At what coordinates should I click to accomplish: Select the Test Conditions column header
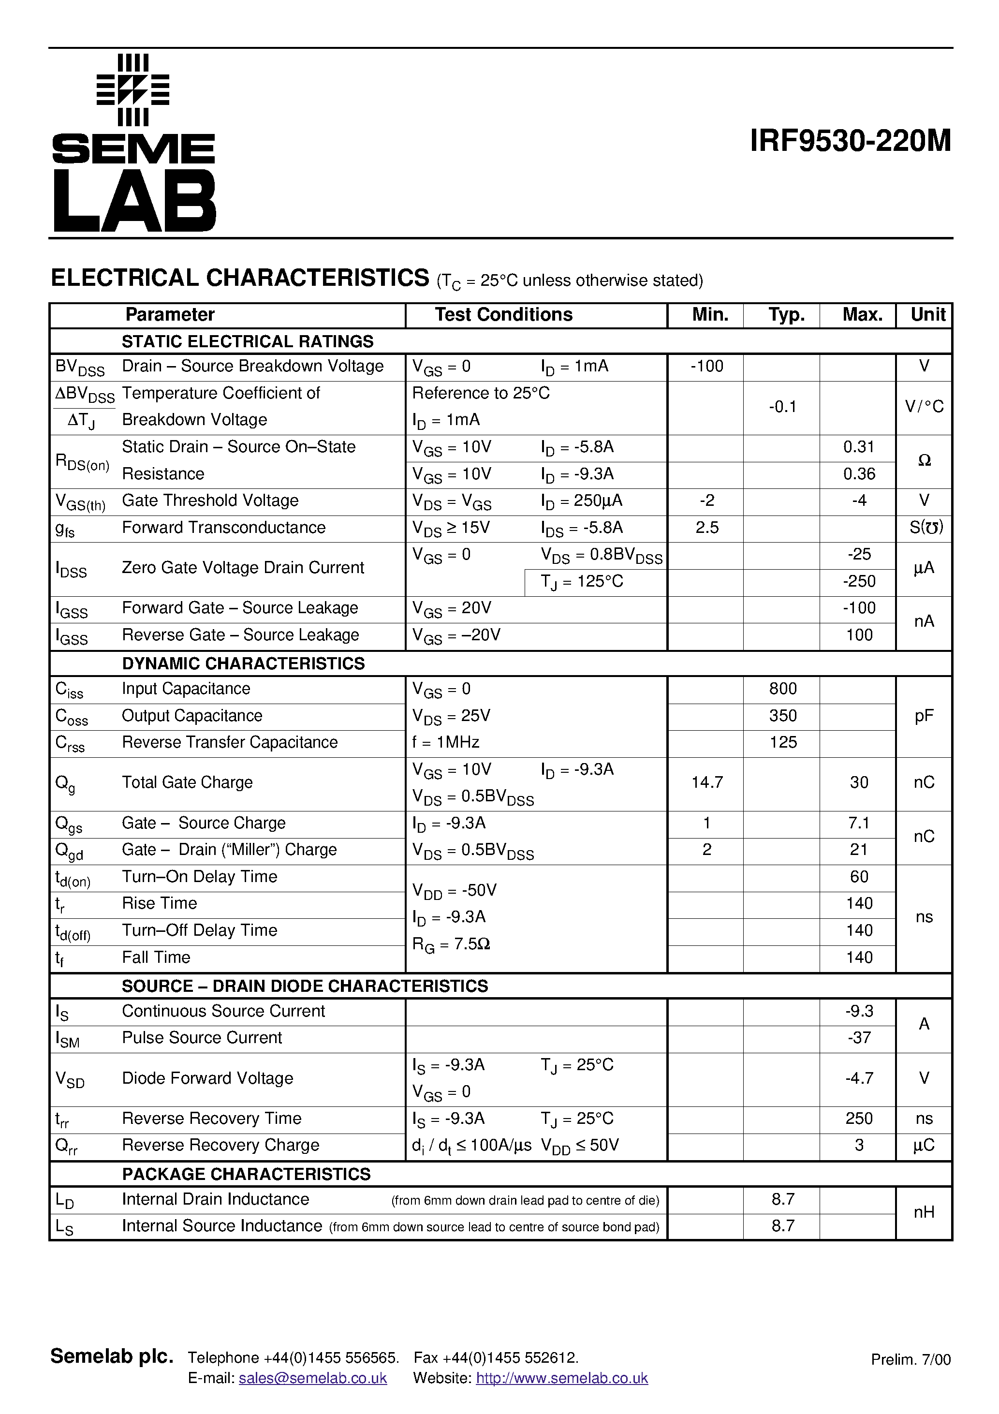(503, 315)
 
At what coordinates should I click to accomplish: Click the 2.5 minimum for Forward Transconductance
(706, 528)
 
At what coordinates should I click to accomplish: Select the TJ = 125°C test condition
(582, 581)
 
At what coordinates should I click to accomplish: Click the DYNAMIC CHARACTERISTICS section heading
(243, 663)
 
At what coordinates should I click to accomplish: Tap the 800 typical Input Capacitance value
(782, 689)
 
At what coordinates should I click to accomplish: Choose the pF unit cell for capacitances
(924, 716)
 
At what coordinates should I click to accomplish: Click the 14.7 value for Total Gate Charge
(706, 782)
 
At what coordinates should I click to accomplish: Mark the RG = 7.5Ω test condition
(451, 944)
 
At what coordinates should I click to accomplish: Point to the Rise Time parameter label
(160, 903)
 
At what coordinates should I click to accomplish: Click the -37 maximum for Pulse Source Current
(859, 1038)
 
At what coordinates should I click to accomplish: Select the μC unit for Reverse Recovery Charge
(924, 1145)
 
